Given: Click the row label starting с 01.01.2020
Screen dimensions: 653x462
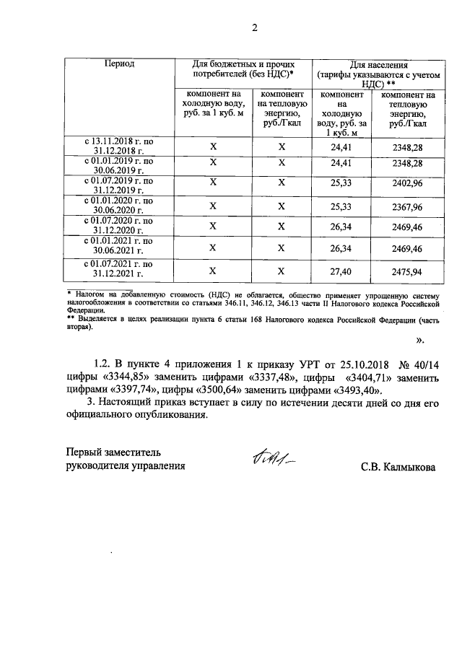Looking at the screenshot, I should coord(118,205).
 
